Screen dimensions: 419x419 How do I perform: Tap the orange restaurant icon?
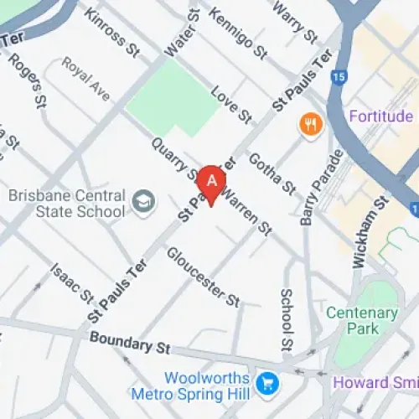pyautogui.click(x=310, y=126)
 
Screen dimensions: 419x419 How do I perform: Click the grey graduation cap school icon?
pyautogui.click(x=145, y=201)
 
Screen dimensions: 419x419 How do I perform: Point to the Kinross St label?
pyautogui.click(x=111, y=34)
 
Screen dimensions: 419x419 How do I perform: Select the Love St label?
pyautogui.click(x=231, y=102)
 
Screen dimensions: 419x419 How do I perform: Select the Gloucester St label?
pyautogui.click(x=203, y=276)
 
